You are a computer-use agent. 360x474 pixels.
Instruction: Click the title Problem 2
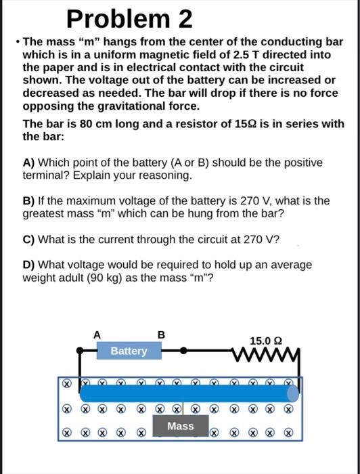(x=130, y=18)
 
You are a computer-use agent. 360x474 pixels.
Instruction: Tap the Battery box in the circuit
(x=129, y=351)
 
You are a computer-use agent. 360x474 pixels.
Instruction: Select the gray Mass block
(x=181, y=426)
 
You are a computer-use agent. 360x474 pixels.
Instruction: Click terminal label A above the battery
(x=97, y=334)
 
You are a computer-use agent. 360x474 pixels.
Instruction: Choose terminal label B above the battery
(x=160, y=334)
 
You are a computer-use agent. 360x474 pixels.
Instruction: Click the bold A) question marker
(x=29, y=163)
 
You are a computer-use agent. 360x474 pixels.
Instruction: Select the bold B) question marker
(x=29, y=201)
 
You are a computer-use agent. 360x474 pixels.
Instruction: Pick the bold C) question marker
(x=29, y=239)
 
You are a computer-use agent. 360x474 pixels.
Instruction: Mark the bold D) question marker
(x=29, y=264)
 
